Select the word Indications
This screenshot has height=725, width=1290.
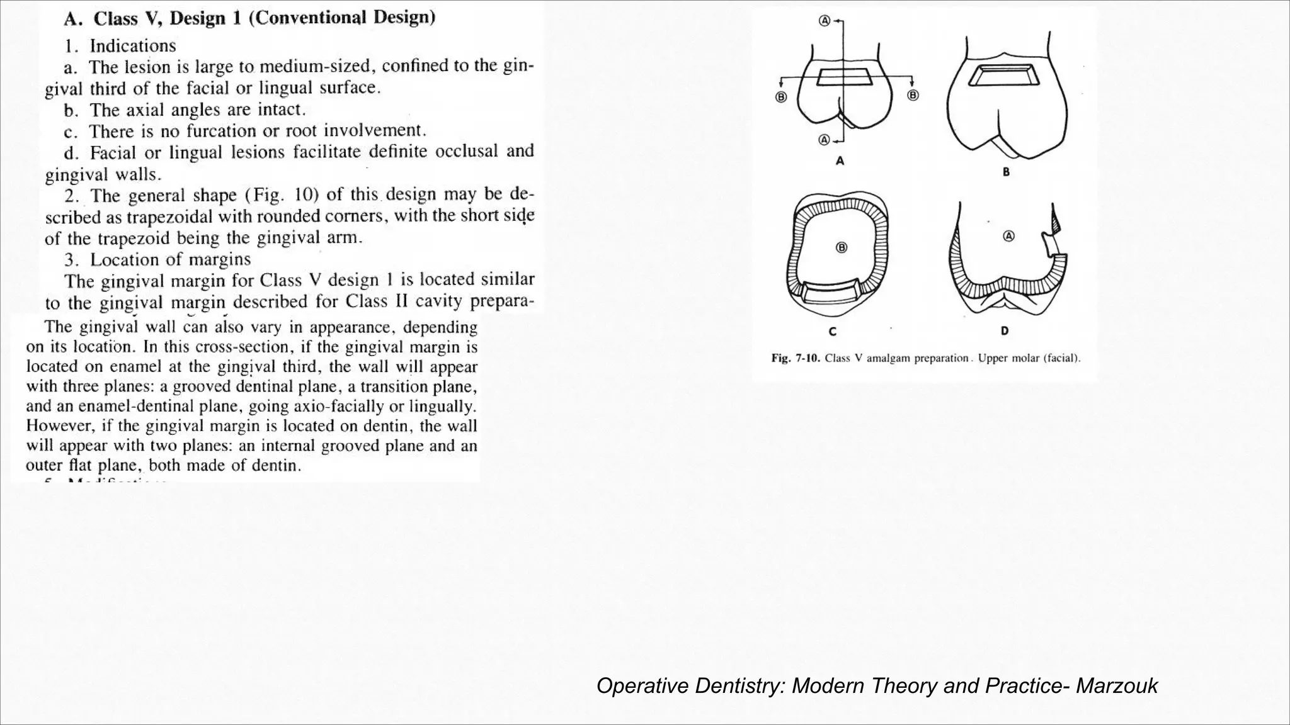[x=133, y=46]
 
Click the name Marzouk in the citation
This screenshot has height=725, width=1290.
[x=1116, y=685]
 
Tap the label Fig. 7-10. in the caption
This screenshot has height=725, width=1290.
[x=796, y=358]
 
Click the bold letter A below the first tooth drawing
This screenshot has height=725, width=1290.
[x=840, y=161]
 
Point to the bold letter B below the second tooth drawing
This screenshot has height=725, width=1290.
[x=1006, y=171]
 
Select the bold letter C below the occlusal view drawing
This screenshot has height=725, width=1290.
[x=833, y=332]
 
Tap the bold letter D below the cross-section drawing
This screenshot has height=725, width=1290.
[x=1005, y=331]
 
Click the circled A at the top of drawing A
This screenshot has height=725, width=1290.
[x=824, y=21]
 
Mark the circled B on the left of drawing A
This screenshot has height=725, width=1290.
[x=781, y=97]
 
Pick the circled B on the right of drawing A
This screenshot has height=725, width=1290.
[x=913, y=95]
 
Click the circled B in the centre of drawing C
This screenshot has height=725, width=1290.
[x=842, y=247]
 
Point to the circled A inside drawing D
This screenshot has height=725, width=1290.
[x=1008, y=236]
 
